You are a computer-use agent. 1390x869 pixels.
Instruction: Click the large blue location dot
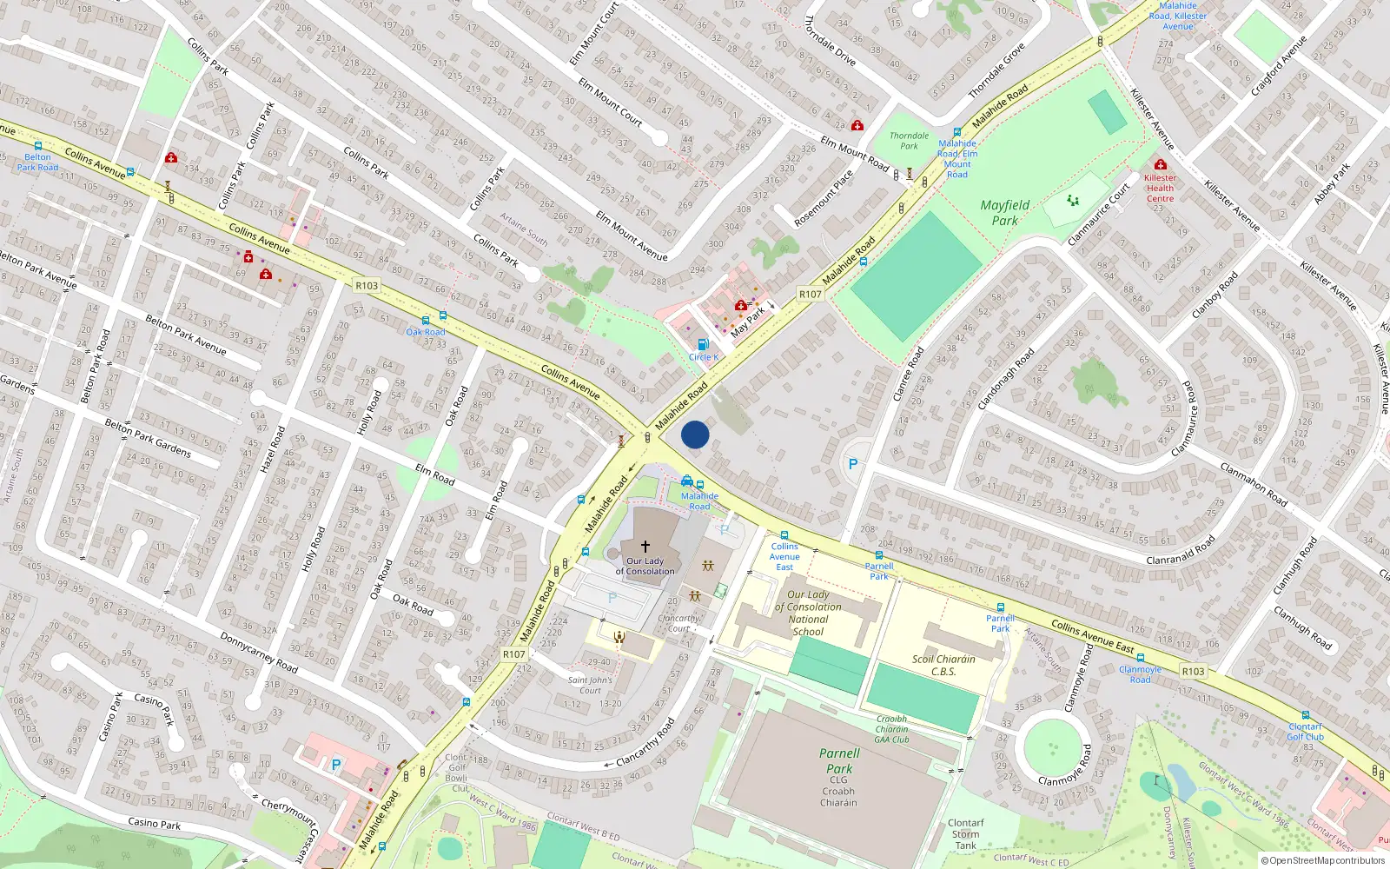click(695, 434)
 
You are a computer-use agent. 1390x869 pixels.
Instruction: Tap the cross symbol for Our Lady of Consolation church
click(645, 547)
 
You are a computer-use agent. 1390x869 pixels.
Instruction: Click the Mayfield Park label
click(1004, 213)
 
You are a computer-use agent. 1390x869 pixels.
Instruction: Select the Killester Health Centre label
click(1160, 188)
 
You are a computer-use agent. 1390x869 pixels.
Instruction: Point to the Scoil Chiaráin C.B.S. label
click(943, 665)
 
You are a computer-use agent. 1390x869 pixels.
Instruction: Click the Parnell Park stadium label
click(839, 761)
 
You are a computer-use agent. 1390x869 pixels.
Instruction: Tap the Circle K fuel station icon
click(703, 344)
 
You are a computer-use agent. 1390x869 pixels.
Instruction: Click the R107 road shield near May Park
click(810, 295)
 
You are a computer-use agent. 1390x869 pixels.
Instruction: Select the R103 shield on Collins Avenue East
click(1193, 671)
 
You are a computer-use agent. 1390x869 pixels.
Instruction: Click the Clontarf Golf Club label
click(1305, 732)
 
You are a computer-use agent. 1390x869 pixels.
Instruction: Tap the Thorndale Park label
click(909, 141)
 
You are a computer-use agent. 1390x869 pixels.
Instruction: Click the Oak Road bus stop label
click(426, 332)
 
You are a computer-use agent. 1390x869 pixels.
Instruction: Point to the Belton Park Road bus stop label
click(38, 163)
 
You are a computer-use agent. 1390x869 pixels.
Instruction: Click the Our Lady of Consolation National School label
click(808, 614)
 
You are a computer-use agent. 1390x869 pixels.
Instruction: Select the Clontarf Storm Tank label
click(965, 834)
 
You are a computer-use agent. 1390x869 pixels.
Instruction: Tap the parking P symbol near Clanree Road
click(853, 464)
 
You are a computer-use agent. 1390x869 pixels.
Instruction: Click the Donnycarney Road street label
click(258, 653)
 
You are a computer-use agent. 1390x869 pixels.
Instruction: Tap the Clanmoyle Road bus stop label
click(1140, 674)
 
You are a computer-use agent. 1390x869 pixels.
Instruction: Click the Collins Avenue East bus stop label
click(784, 557)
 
